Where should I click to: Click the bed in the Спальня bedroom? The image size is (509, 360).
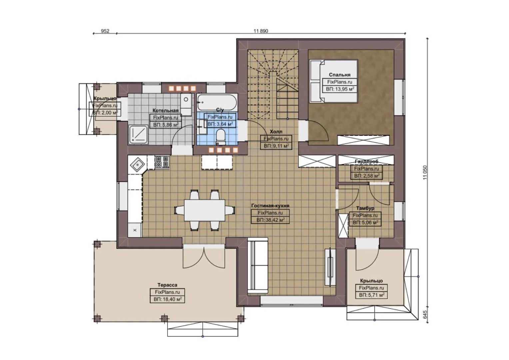pos(333,81)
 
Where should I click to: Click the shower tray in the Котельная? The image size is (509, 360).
pos(138,134)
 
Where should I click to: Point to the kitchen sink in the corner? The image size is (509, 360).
pos(137,164)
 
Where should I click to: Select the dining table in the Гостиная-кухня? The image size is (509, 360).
pos(205,210)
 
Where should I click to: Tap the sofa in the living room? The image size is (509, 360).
pos(257,266)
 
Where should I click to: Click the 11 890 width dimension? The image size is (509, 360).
pos(260,31)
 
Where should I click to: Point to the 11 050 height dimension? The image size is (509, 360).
pos(425,172)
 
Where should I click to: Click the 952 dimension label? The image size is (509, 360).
pos(105,31)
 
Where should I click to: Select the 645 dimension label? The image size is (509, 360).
pos(425,314)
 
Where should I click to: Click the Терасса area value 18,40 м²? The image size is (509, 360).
pos(167,299)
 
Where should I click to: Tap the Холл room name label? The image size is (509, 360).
pos(276,132)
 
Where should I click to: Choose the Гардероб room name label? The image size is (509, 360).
pos(366,162)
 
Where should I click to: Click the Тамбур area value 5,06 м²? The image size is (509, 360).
pos(365,222)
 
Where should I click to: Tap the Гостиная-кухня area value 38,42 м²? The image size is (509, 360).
pos(270,220)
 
